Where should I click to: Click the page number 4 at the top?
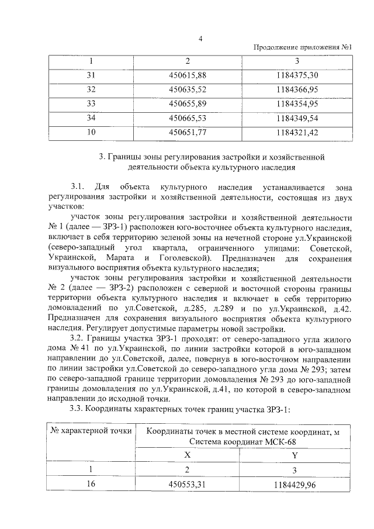tap(200, 39)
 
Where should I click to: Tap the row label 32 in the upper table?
tap(91, 89)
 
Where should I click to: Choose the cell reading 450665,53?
tap(188, 118)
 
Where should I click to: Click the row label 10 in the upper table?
tap(91, 132)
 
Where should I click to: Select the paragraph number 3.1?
tap(78, 187)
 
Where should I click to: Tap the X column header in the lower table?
tap(188, 453)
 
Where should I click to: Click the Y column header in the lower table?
tap(294, 453)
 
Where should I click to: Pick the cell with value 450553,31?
tap(188, 484)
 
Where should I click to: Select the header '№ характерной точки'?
tap(91, 431)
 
